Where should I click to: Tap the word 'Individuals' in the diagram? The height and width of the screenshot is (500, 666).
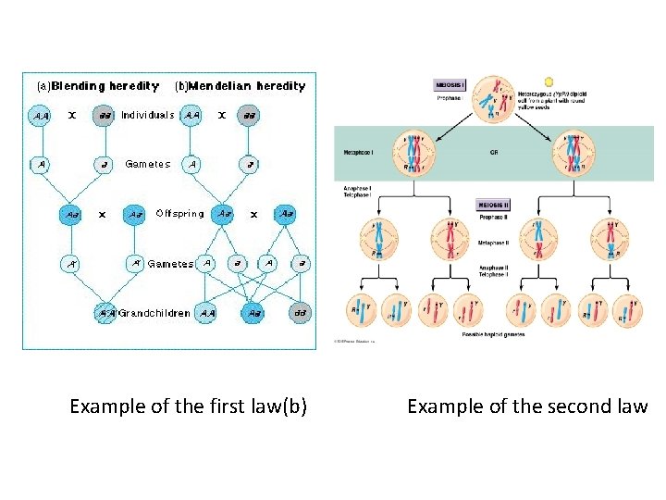tap(148, 116)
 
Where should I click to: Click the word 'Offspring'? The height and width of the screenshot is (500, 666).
tap(179, 214)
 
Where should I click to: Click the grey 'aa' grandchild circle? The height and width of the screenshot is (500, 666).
tap(300, 313)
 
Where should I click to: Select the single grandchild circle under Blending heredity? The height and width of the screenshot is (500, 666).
tap(105, 313)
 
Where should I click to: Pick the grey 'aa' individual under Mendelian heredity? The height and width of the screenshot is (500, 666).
tap(249, 117)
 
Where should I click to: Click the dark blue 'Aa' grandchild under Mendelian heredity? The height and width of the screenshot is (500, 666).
tap(255, 313)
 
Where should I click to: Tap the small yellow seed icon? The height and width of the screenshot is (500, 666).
tap(549, 82)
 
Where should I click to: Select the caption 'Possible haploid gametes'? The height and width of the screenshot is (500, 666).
tap(493, 334)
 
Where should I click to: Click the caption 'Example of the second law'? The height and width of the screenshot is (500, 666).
tap(527, 406)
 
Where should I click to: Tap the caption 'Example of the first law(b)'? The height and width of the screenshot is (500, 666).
tap(189, 406)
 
